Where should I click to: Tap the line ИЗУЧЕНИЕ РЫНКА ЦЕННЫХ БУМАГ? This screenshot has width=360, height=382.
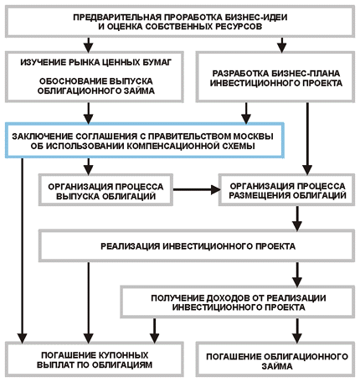pyautogui.click(x=96, y=62)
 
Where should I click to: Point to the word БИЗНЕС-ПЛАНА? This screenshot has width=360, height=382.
pyautogui.click(x=304, y=74)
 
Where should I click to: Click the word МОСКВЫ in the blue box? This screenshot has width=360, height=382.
pyautogui.click(x=253, y=137)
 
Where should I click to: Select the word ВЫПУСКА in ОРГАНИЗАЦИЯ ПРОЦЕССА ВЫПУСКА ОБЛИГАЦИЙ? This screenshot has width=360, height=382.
pyautogui.click(x=78, y=196)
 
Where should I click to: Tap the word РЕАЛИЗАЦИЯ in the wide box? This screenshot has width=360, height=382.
pyautogui.click(x=130, y=246)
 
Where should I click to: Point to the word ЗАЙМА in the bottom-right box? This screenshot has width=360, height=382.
pyautogui.click(x=277, y=366)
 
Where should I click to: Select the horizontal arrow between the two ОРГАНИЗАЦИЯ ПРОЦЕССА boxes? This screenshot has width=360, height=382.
pyautogui.click(x=197, y=189)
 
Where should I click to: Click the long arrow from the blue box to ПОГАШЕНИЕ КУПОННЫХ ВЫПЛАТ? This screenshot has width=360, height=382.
pyautogui.click(x=22, y=250)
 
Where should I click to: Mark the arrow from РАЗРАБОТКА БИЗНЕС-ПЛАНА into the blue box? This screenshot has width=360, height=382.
pyautogui.click(x=246, y=113)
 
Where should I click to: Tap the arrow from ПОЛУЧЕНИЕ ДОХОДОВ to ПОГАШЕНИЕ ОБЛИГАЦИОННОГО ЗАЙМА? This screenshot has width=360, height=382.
pyautogui.click(x=297, y=331)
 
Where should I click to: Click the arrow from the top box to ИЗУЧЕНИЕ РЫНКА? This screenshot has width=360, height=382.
pyautogui.click(x=88, y=45)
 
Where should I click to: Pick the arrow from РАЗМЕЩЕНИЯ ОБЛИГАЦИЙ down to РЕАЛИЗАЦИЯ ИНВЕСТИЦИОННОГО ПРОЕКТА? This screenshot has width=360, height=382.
pyautogui.click(x=297, y=219)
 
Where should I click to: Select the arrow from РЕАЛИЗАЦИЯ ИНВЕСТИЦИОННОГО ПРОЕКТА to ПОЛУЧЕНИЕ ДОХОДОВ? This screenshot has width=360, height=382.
pyautogui.click(x=297, y=275)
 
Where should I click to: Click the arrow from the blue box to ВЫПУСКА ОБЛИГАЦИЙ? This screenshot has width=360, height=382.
pyautogui.click(x=88, y=167)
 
